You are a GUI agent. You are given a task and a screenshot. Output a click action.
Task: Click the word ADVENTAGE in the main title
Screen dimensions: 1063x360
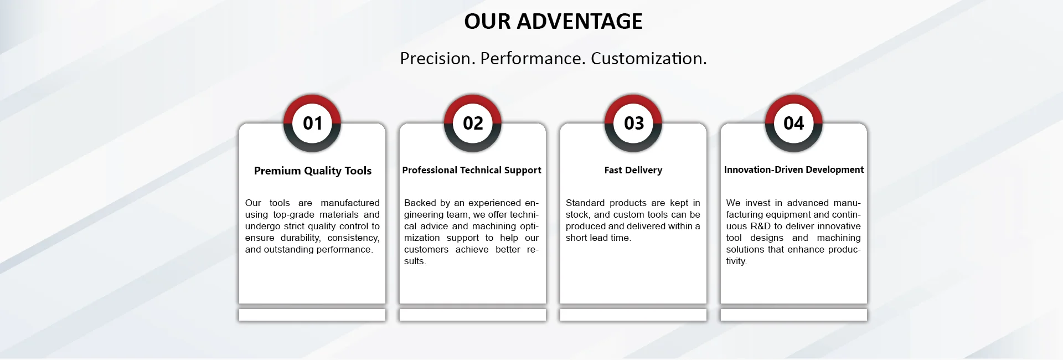(x=580, y=21)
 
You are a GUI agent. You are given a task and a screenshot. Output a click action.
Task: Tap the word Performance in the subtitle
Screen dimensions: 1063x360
(x=533, y=58)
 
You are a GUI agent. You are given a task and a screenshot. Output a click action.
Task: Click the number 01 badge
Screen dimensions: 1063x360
(x=312, y=123)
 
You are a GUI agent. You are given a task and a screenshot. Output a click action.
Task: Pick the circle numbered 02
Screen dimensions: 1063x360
(x=473, y=123)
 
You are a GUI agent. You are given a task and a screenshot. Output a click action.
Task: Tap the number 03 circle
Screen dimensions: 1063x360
(x=633, y=123)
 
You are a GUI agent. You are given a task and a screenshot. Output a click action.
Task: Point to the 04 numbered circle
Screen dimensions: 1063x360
(x=794, y=123)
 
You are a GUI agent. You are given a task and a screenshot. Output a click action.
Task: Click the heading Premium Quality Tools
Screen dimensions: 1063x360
(x=313, y=171)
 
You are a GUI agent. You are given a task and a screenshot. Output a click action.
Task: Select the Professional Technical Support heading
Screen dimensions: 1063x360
(x=472, y=170)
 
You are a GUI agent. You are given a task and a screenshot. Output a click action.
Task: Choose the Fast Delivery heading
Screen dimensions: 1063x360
(x=633, y=170)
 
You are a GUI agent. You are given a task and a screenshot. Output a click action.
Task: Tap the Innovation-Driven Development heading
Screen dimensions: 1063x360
(x=794, y=169)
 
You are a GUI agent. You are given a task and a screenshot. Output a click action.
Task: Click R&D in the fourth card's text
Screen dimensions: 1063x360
(x=761, y=226)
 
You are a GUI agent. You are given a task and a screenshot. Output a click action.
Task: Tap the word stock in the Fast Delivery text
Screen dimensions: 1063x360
(x=577, y=215)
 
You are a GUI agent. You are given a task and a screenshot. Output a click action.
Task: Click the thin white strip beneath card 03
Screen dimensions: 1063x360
(x=633, y=315)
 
